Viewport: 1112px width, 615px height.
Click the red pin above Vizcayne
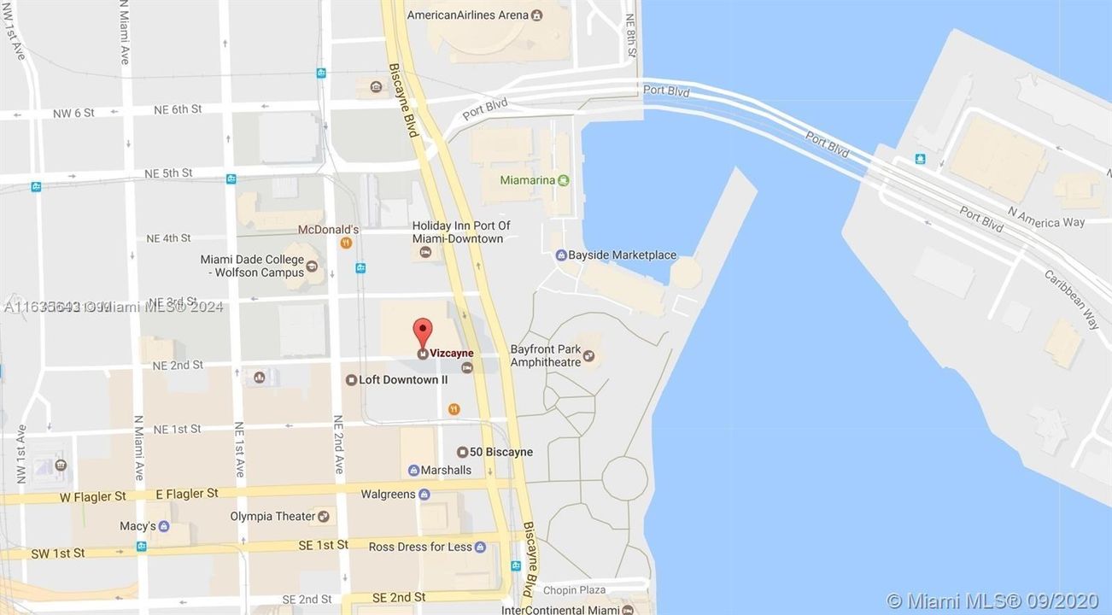point(423,330)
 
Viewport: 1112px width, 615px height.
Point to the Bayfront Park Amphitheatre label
point(545,355)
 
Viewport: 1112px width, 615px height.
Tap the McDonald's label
point(328,229)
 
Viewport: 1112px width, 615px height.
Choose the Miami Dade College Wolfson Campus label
point(252,266)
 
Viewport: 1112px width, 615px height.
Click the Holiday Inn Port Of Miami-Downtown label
point(461,232)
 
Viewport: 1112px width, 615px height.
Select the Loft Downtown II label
point(403,379)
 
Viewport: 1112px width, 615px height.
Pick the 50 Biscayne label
point(500,452)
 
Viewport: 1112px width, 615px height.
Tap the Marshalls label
point(446,470)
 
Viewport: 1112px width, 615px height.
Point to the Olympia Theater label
point(272,516)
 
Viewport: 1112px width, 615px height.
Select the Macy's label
point(138,526)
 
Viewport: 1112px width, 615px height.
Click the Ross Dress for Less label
point(420,547)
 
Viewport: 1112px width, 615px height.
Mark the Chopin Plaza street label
point(575,589)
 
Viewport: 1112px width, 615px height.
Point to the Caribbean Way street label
point(1072,299)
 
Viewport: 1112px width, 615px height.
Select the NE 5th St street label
point(168,173)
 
